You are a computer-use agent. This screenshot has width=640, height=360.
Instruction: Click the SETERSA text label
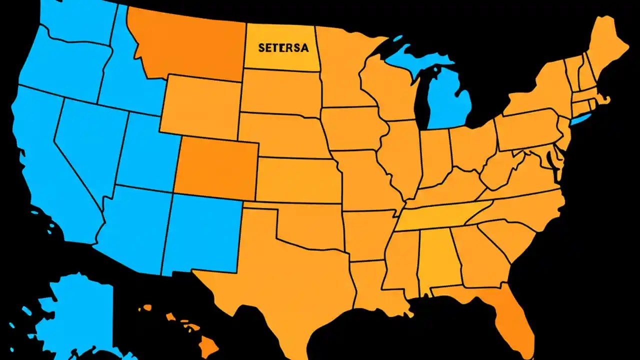point(283,48)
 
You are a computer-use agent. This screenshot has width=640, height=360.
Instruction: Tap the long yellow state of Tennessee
point(440,217)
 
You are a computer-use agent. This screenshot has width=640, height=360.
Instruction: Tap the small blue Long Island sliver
point(581,119)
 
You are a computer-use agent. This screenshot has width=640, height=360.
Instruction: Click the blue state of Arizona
point(132,225)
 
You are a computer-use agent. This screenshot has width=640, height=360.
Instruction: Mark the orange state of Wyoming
point(202,105)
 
